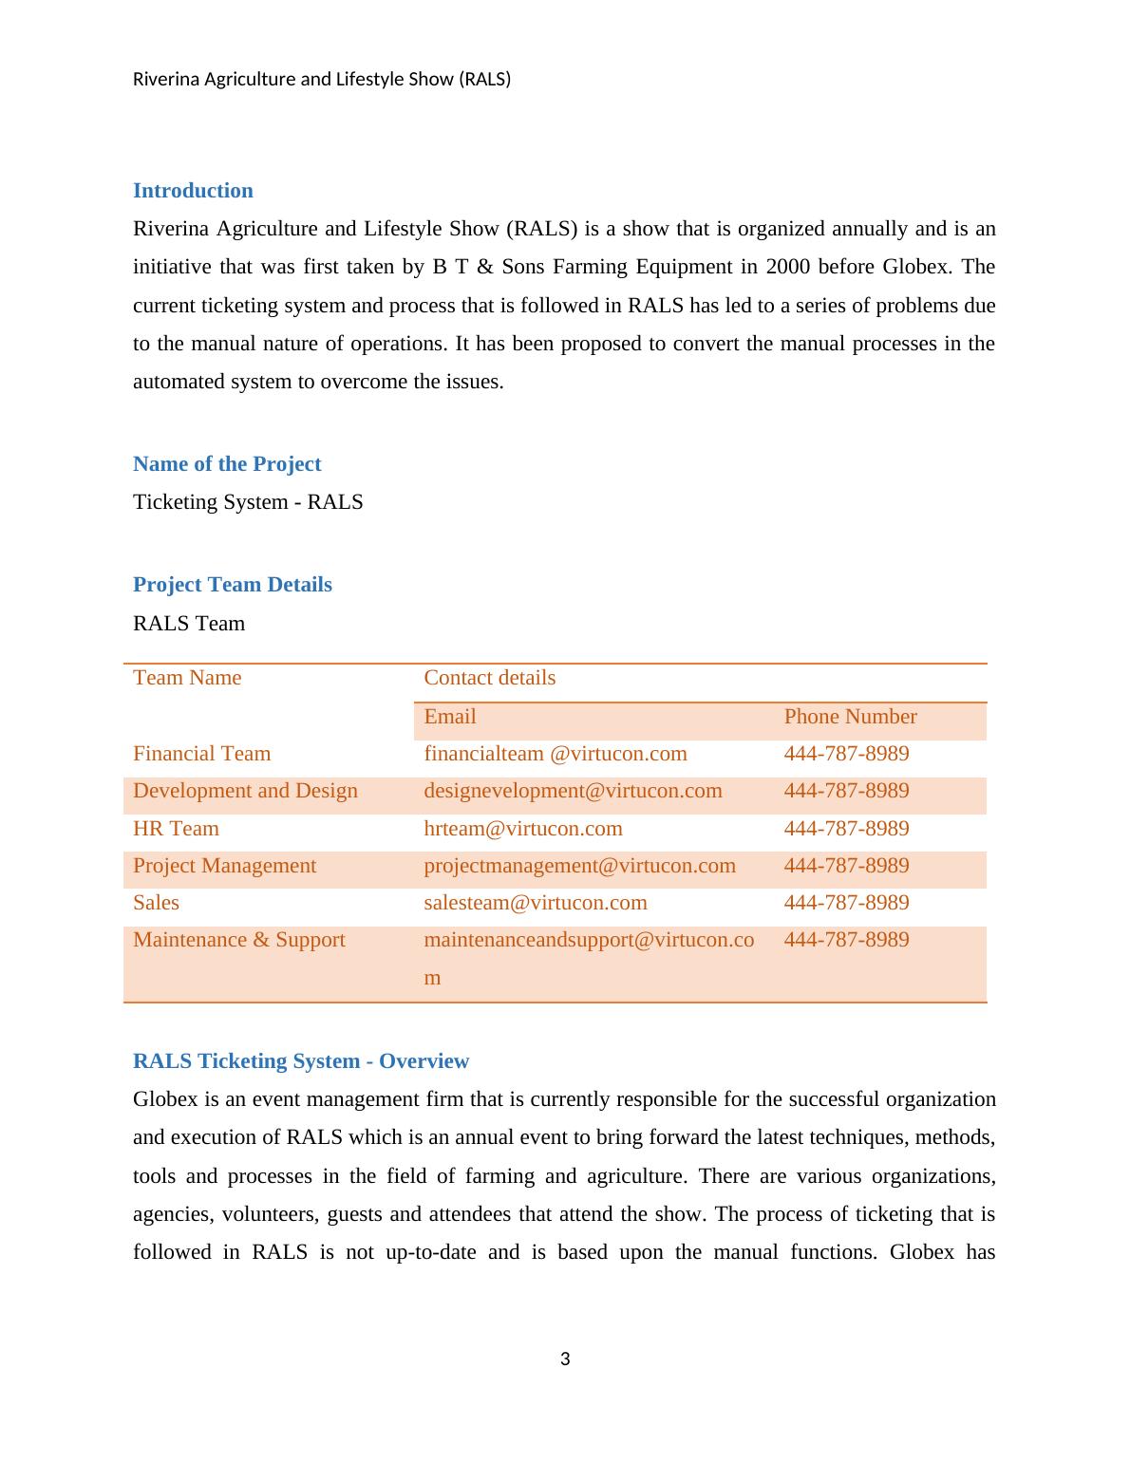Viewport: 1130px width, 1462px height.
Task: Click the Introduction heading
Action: [193, 191]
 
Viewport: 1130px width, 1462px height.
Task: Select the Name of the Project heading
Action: [227, 464]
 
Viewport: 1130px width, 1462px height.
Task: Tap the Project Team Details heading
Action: [233, 585]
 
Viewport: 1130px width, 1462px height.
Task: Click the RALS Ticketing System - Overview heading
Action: [301, 1061]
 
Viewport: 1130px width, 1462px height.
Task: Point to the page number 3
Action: [565, 1359]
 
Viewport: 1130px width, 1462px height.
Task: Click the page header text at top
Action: [322, 80]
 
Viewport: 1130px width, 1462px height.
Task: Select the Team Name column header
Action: [187, 678]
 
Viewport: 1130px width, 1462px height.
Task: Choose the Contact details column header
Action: [489, 678]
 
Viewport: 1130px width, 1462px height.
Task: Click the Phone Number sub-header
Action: [850, 717]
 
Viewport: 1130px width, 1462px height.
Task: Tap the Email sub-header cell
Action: [450, 717]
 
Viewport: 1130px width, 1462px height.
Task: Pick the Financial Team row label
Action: [201, 754]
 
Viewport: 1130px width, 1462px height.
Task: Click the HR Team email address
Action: [523, 829]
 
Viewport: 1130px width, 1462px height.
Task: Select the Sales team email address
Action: [536, 903]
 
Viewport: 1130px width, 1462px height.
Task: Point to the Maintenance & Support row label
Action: [239, 940]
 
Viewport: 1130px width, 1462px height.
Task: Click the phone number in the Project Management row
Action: [846, 866]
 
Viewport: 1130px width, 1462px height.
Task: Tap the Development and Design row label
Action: [245, 791]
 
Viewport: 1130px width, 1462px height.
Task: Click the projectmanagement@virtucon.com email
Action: [579, 866]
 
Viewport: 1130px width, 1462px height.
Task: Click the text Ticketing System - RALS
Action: [248, 502]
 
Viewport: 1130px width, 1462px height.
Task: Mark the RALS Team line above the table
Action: [189, 624]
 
